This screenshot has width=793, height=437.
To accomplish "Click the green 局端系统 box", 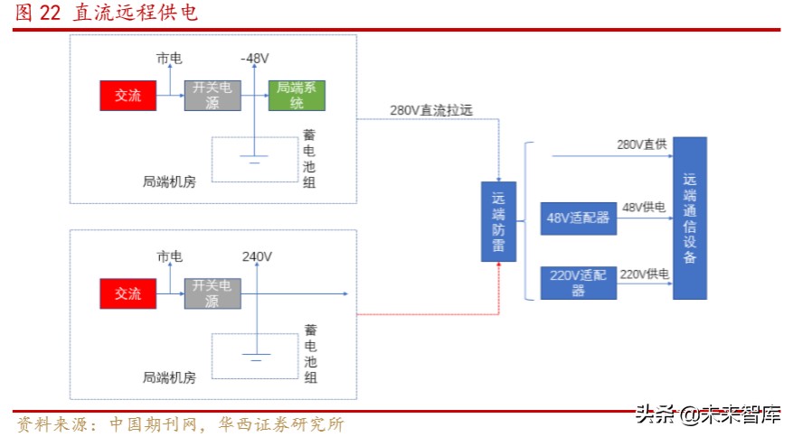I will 297,95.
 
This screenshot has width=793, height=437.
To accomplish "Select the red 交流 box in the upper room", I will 127,95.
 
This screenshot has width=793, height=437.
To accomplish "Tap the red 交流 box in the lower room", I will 127,293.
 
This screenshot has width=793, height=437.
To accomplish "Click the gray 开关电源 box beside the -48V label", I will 212,95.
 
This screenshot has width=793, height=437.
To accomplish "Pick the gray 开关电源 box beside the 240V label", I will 212,293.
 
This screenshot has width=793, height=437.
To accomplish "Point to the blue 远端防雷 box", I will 498,221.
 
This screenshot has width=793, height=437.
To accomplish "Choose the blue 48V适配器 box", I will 578,218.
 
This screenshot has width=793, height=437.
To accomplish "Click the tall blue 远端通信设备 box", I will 690,218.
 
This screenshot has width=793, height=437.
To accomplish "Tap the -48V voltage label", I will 255,58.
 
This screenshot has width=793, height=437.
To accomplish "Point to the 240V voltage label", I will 257,256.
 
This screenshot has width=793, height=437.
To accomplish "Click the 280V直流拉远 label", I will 431,110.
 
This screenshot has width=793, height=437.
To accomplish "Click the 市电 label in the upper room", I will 169,58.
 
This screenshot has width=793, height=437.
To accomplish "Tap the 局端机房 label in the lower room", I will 169,378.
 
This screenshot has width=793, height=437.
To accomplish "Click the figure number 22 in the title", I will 51,13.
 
